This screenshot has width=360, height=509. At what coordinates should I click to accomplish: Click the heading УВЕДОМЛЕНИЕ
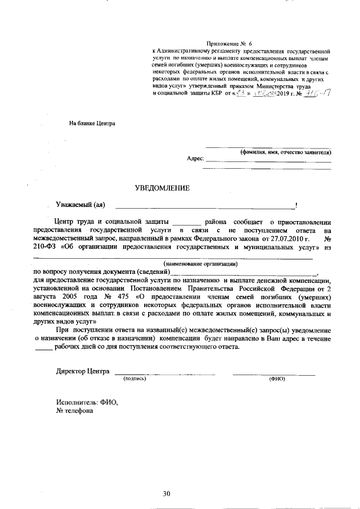pos(162,188)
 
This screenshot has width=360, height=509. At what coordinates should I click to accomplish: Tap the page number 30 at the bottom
pos(166,494)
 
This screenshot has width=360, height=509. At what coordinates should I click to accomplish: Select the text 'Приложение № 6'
pos(229,43)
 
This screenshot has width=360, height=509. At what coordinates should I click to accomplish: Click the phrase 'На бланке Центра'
pos(92,123)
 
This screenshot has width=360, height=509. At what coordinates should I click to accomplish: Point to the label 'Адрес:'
pos(195,159)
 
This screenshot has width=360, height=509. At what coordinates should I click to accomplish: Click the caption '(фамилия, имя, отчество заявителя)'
pos(285,152)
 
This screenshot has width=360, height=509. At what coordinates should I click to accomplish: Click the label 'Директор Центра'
pos(83,371)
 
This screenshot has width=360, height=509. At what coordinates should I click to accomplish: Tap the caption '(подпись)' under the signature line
pos(135,379)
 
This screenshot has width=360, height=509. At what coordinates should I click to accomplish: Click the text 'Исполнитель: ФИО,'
pos(87,402)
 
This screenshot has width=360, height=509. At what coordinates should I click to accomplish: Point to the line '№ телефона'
pos(74,411)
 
